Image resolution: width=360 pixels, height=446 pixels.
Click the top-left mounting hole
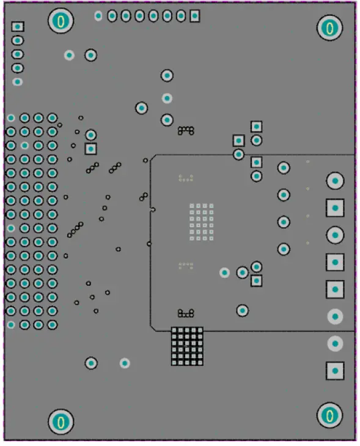[61, 21]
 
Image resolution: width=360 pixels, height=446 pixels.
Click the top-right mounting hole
[329, 28]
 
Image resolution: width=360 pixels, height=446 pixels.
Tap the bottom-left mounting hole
[61, 422]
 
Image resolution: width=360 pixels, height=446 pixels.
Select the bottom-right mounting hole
[329, 416]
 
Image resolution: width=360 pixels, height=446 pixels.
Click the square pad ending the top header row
[194, 17]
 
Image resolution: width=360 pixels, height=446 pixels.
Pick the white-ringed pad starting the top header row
[98, 16]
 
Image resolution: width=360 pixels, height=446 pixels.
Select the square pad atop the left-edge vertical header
[18, 26]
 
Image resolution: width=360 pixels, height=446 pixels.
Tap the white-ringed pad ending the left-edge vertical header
[18, 81]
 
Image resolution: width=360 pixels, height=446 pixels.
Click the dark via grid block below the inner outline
[187, 346]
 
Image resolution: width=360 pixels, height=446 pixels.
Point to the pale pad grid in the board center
[201, 221]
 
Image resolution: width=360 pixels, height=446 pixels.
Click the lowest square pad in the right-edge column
[335, 370]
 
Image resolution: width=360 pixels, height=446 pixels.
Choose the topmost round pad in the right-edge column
[335, 180]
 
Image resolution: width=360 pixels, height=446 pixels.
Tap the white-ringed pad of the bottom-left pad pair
[125, 363]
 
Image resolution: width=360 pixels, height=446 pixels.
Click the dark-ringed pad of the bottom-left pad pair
[91, 363]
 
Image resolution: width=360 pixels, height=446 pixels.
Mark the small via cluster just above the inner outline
[186, 130]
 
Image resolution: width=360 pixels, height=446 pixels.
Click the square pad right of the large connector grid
[90, 148]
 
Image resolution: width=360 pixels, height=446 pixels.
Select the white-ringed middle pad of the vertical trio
[167, 98]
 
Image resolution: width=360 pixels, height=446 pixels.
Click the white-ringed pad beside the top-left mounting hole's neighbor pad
[69, 55]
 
